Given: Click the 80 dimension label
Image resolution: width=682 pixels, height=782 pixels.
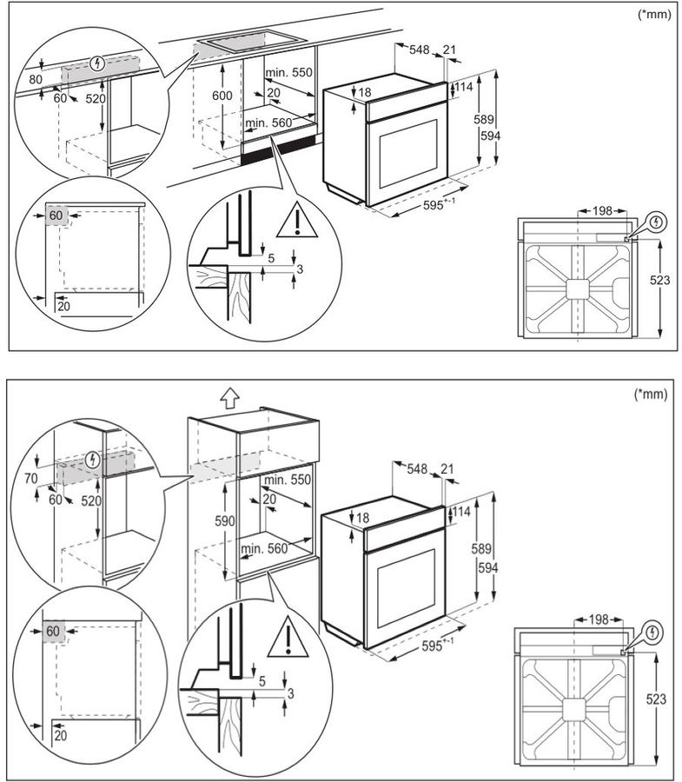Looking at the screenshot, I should [36, 79].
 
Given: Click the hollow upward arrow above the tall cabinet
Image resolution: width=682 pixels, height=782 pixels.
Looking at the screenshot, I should [228, 398].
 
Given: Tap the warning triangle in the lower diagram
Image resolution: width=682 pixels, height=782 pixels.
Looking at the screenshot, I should [285, 640].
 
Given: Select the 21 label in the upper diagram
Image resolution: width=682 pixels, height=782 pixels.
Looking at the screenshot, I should [449, 50].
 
